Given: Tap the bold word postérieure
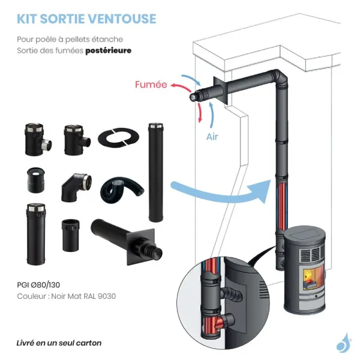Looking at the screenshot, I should [x=108, y=51].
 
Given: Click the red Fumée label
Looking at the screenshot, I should [x=151, y=85].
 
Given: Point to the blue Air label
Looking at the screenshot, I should [x=212, y=137].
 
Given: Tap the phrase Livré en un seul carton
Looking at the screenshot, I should [x=59, y=343].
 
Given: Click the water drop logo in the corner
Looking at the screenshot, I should [x=343, y=342].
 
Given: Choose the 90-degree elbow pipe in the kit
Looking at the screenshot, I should [x=76, y=186].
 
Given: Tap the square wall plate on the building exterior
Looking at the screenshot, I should [x=217, y=93].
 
